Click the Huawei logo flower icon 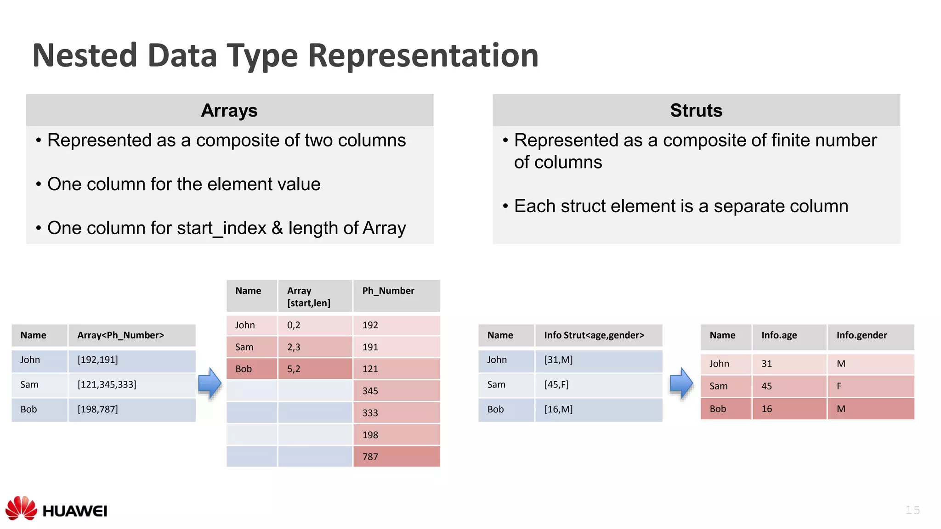pyautogui.click(x=21, y=508)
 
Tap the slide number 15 pyautogui.click(x=912, y=510)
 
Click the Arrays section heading pyautogui.click(x=229, y=111)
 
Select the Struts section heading pyautogui.click(x=696, y=111)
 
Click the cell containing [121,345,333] pyautogui.click(x=107, y=385)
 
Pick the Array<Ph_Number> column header pyautogui.click(x=120, y=335)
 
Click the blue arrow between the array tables pyautogui.click(x=210, y=383)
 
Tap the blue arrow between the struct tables pyautogui.click(x=681, y=383)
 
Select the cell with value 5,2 pyautogui.click(x=294, y=369)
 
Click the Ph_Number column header pyautogui.click(x=388, y=291)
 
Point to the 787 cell pyautogui.click(x=370, y=457)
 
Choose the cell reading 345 pyautogui.click(x=370, y=391)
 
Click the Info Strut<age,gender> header pyautogui.click(x=594, y=335)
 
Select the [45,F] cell pyautogui.click(x=556, y=385)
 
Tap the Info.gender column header pyautogui.click(x=862, y=335)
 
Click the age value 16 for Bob pyautogui.click(x=767, y=409)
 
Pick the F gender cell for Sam pyautogui.click(x=839, y=387)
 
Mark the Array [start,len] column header pyautogui.click(x=309, y=297)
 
